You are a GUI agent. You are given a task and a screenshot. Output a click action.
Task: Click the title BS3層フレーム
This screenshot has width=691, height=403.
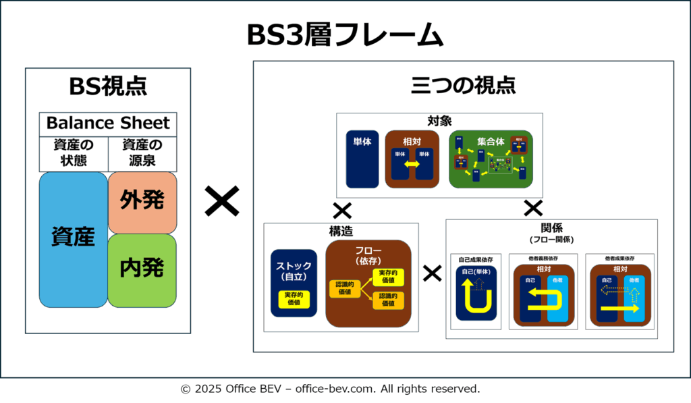pyautogui.click(x=345, y=35)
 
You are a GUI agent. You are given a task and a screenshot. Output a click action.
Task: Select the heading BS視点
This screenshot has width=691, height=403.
pyautogui.click(x=108, y=86)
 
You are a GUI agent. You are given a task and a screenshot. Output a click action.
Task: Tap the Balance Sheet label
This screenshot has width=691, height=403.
pyautogui.click(x=108, y=124)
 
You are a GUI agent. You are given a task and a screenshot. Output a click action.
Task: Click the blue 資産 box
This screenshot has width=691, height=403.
pyautogui.click(x=73, y=239)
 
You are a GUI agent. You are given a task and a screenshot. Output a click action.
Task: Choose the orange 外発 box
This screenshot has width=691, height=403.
pyautogui.click(x=142, y=201)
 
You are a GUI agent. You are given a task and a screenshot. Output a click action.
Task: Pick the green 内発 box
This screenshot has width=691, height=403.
pyautogui.click(x=142, y=269)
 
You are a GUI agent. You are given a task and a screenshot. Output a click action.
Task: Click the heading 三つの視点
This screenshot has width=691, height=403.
pyautogui.click(x=463, y=86)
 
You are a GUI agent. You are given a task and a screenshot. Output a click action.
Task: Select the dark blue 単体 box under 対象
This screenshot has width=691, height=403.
pyautogui.click(x=362, y=160)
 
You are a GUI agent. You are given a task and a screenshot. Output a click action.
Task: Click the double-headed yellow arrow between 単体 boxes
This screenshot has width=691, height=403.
pyautogui.click(x=411, y=164)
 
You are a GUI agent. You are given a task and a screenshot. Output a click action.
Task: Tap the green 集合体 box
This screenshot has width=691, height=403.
pyautogui.click(x=491, y=159)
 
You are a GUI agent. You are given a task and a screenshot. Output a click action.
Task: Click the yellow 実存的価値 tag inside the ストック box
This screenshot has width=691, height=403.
pyautogui.click(x=294, y=299)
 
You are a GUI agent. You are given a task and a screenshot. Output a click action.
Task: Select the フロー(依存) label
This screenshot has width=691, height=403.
pyautogui.click(x=368, y=255)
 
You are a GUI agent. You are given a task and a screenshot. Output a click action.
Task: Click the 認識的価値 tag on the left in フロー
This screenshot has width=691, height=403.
pyautogui.click(x=344, y=288)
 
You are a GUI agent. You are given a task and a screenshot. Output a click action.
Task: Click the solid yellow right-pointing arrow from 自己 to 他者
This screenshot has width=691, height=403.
pyautogui.click(x=620, y=308)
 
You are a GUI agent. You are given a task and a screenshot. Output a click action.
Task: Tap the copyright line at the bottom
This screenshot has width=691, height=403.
pyautogui.click(x=330, y=389)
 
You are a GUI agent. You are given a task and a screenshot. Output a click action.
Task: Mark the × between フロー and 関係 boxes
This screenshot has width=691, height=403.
pyautogui.click(x=432, y=273)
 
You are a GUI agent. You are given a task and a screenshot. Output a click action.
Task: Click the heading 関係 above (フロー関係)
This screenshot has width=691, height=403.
pyautogui.click(x=552, y=227)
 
